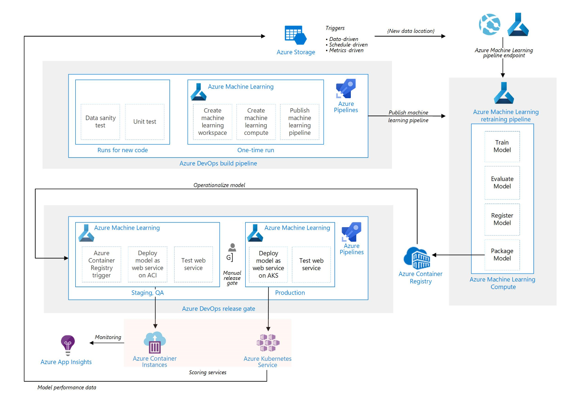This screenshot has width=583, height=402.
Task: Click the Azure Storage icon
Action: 295,35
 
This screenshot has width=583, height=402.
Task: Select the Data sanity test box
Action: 101,122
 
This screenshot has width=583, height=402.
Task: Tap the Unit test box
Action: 145,122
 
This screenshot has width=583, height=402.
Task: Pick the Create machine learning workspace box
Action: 212,122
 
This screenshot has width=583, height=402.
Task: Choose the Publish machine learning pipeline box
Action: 299,122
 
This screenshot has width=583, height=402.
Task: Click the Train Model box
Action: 502,146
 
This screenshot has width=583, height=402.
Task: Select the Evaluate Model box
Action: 502,182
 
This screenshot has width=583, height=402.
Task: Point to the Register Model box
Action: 502,219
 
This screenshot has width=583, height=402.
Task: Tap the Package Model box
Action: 502,255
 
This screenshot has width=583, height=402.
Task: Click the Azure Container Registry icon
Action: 417,258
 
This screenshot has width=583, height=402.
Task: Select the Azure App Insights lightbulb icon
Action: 68,345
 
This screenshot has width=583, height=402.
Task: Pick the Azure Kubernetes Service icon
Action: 268,343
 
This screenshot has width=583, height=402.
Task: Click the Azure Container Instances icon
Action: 155,342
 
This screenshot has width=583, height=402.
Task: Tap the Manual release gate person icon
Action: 232,248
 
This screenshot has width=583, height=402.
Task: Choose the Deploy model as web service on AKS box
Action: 268,264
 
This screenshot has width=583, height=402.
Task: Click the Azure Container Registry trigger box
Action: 101,264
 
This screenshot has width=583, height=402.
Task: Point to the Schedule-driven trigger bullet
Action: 348,45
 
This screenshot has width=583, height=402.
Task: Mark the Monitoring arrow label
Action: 108,337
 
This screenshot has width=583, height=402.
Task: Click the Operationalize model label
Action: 219,185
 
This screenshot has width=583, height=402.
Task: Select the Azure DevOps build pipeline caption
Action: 218,163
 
